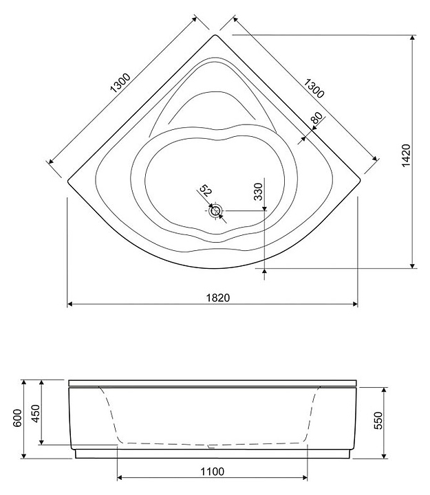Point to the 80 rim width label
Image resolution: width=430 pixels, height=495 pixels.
(316, 119)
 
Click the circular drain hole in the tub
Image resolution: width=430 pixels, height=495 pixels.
(216, 211)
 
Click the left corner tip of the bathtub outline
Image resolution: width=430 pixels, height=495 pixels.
(68, 181)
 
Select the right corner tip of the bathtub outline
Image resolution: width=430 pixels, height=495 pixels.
(361, 181)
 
